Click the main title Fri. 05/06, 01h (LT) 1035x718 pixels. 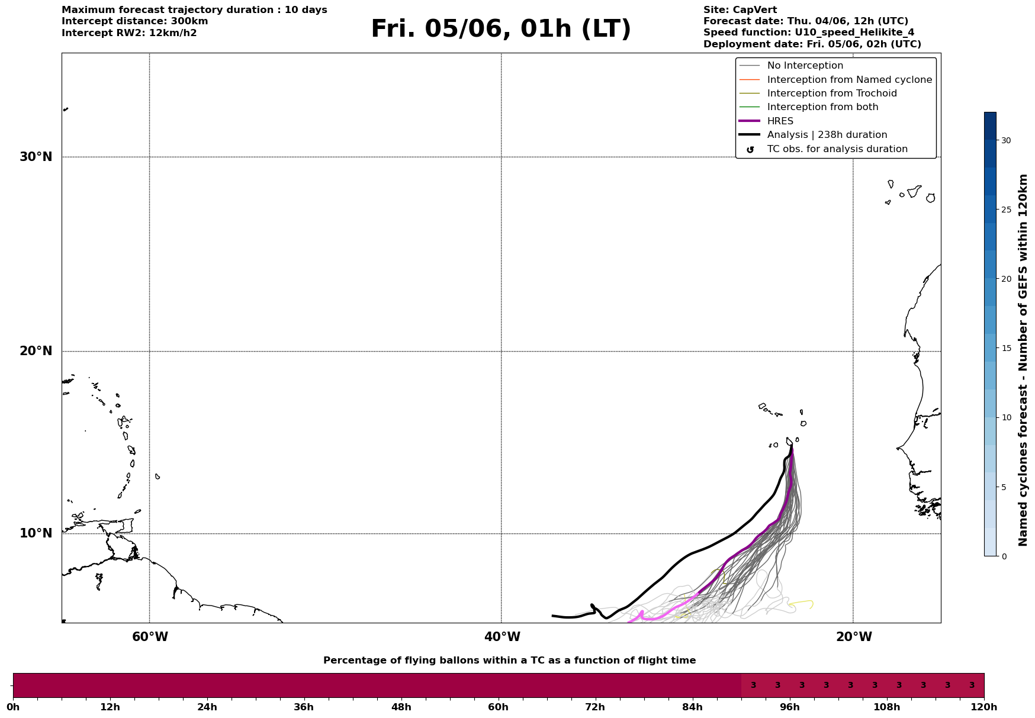(x=501, y=29)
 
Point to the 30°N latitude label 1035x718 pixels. (x=36, y=157)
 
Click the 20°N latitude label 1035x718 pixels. (x=36, y=351)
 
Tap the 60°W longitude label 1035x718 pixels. (x=150, y=637)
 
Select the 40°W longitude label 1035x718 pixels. (x=502, y=637)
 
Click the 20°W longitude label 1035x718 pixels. (x=854, y=637)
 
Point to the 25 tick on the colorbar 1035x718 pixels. (x=1006, y=210)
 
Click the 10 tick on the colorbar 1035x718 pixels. (x=1006, y=417)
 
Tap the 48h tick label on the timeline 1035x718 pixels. (x=401, y=707)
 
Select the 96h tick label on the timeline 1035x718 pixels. (x=790, y=707)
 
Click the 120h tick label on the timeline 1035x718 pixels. (x=984, y=707)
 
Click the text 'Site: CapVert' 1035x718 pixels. (x=740, y=10)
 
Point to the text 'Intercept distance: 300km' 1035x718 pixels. (x=135, y=21)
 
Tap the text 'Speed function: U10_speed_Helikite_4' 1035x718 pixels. (x=809, y=33)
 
